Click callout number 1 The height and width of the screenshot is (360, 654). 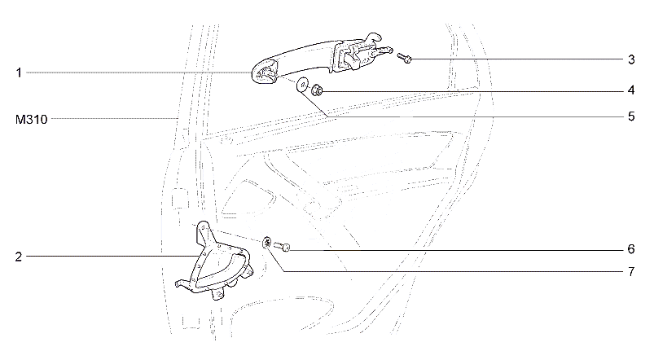coord(19,73)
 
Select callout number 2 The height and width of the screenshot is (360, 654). coord(19,257)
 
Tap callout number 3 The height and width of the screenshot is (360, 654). coord(631,59)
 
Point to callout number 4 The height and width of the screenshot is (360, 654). coord(631,90)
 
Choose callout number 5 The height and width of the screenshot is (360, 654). coord(631,116)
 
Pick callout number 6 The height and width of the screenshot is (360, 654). coord(631,249)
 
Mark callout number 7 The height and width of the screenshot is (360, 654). coord(631,272)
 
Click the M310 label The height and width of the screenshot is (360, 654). coord(31,120)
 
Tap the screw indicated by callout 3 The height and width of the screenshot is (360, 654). coord(404,57)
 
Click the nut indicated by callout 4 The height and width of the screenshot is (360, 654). coord(317,89)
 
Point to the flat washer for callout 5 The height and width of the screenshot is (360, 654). coord(301,85)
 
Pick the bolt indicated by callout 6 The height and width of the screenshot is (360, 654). coord(282,247)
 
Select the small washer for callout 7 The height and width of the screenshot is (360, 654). coord(267,242)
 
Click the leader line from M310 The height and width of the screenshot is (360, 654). coord(114,119)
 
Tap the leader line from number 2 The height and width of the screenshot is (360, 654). coord(112,256)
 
